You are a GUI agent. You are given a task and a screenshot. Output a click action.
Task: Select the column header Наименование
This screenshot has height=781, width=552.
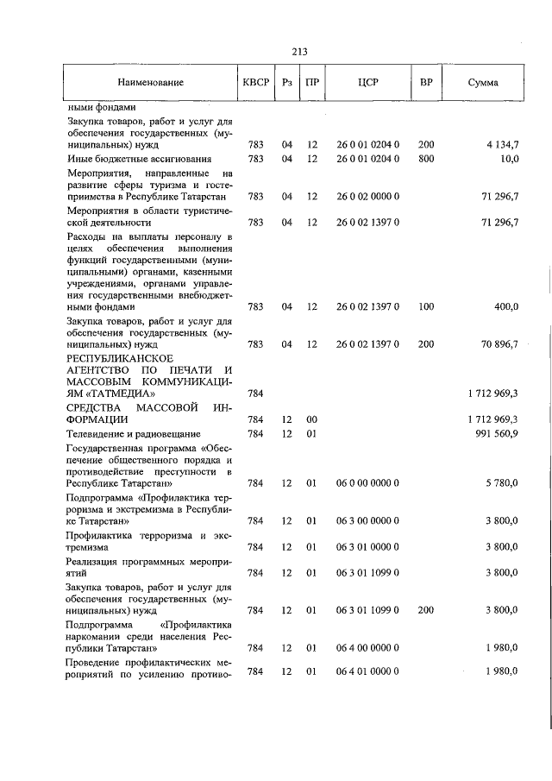[x=151, y=83]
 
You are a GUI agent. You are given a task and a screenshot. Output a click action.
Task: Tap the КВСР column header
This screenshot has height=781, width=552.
[x=256, y=83]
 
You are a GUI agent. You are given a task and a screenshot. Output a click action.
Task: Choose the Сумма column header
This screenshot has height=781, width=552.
[x=482, y=83]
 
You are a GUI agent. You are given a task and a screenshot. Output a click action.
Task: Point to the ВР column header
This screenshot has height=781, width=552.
[x=425, y=83]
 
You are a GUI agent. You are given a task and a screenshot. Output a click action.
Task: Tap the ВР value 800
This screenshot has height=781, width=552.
[x=426, y=159]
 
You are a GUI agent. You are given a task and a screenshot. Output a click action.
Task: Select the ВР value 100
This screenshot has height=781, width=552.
[x=426, y=306]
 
